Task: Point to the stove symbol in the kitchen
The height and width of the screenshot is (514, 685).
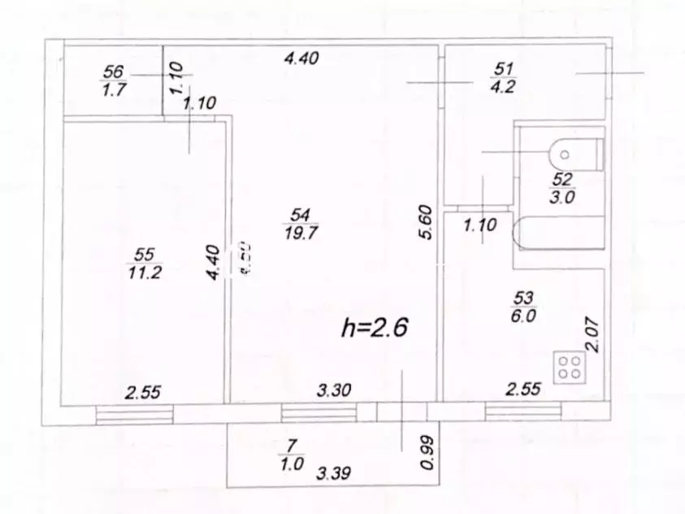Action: [566, 366]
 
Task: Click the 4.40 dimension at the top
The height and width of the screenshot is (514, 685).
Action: [301, 58]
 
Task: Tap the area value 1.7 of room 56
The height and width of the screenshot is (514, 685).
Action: [113, 90]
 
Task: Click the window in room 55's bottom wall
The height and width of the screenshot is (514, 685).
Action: [135, 414]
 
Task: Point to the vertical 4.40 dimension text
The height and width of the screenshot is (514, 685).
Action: [212, 263]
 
